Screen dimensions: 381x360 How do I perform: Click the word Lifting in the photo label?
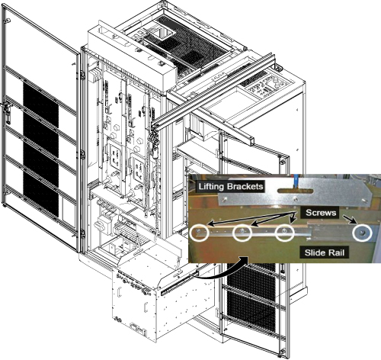[x=211, y=187]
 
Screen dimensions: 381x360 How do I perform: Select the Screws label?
[x=321, y=213]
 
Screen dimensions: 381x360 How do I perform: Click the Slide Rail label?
[x=325, y=252]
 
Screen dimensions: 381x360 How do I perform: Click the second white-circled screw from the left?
[x=242, y=232]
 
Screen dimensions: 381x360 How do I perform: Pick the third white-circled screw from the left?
[x=285, y=232]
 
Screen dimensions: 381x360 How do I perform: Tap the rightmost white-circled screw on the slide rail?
[x=362, y=233]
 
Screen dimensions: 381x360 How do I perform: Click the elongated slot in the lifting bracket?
[x=296, y=191]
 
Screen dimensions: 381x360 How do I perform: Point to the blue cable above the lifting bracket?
[x=296, y=182]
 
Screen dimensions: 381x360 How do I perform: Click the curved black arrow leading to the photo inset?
[x=223, y=271]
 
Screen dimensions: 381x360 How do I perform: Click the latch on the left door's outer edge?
[x=6, y=112]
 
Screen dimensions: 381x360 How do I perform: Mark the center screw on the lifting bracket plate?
[x=295, y=199]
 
